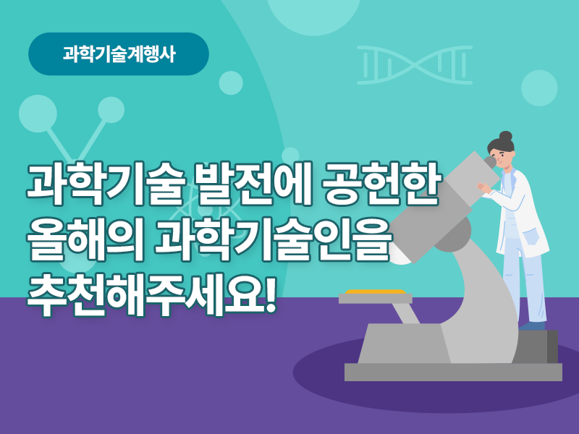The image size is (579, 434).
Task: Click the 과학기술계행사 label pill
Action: (x=119, y=54)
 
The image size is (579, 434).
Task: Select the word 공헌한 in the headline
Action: (x=382, y=184)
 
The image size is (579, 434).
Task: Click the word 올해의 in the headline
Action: (x=85, y=239)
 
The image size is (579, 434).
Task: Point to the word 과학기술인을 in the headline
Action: (x=273, y=239)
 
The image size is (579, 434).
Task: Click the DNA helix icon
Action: (x=415, y=65)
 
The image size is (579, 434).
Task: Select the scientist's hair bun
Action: (x=505, y=136)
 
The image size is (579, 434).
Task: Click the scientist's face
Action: (x=504, y=158)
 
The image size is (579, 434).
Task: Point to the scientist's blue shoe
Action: (x=532, y=325)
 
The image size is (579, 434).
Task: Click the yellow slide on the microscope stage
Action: (x=375, y=292)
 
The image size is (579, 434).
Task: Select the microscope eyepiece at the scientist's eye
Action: (x=490, y=161)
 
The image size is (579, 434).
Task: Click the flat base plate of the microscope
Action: (x=453, y=372)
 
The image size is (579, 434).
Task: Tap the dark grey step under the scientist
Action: (x=538, y=346)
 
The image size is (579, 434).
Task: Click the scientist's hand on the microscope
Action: (x=484, y=188)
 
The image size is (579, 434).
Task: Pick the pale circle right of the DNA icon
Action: (x=539, y=88)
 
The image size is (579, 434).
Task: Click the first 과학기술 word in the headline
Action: (x=105, y=184)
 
